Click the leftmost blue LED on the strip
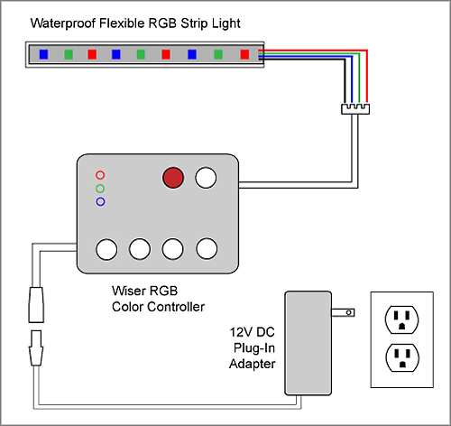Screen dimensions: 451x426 coord(43,54)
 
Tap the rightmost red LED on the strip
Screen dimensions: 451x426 coord(244,54)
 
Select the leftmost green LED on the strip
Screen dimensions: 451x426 coord(69,54)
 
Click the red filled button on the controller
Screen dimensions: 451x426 coord(173,178)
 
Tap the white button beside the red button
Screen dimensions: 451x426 coord(206,178)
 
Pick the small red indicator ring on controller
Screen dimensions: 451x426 coord(100,175)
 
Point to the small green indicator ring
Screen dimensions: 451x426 coord(100,189)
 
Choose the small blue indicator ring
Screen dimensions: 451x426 coord(100,201)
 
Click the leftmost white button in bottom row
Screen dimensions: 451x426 coord(106,249)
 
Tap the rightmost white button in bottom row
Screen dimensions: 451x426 coord(207,248)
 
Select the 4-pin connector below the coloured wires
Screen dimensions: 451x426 coord(355,109)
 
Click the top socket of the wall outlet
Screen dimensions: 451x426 coord(401,319)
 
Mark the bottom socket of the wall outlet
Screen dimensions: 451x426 coord(402,357)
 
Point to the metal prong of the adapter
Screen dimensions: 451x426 coord(343,312)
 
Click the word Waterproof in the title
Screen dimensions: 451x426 coord(63,23)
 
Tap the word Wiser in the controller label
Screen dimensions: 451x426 coord(129,291)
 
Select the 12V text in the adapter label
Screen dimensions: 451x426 coord(241,332)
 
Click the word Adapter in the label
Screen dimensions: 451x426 coord(252,364)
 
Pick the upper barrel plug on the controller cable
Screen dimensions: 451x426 coord(36,305)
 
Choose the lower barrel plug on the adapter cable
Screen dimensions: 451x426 coord(36,348)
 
